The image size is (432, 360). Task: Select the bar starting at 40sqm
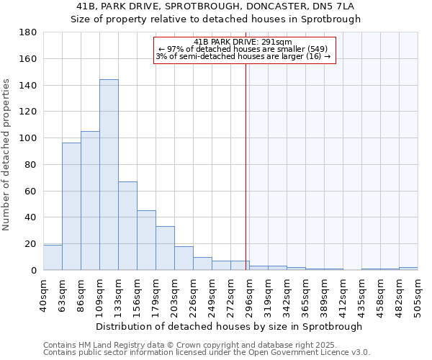coord(53,257)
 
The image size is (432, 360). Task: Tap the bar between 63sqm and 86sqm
coord(71,207)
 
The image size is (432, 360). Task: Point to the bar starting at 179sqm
coord(165,248)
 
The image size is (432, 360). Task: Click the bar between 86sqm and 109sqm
coord(90,201)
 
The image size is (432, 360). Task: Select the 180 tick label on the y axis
coord(28,32)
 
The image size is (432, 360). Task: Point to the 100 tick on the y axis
coord(28,138)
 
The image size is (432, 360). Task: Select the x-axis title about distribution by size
coord(228,326)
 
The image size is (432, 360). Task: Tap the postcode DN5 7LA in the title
coord(335,6)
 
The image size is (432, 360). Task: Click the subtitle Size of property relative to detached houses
coord(215,19)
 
